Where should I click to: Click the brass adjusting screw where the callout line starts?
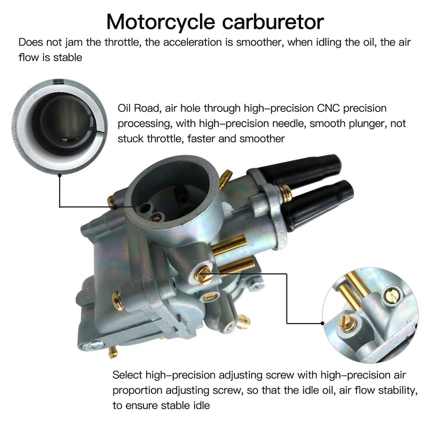203,276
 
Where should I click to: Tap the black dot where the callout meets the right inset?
322,323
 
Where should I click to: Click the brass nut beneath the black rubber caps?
286,192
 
